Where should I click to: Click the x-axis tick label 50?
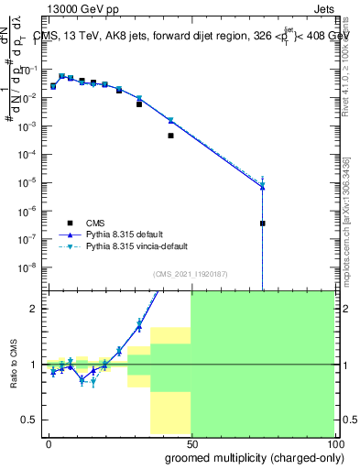coord(191,455)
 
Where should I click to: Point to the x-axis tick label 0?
coord(49,455)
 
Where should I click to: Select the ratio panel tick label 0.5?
coord(30,420)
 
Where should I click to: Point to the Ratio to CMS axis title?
coord(14,365)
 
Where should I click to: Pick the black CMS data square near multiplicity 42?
coord(170,136)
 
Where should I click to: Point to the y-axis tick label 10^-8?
coord(30,267)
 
